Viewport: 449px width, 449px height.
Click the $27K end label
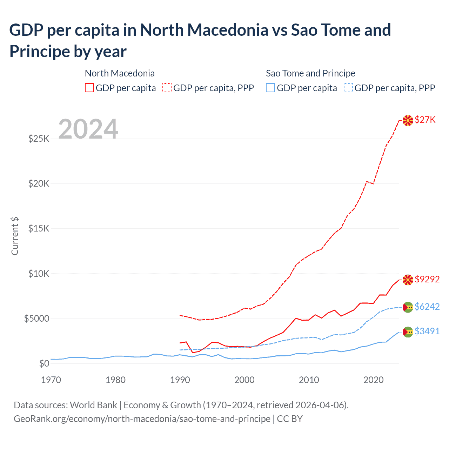tap(425, 120)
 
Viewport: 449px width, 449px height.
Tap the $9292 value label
tap(427, 279)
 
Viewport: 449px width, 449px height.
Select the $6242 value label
tap(427, 307)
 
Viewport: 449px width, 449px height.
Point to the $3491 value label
tap(427, 331)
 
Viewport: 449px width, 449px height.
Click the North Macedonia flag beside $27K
tap(408, 120)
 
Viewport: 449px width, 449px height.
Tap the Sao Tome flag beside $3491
tap(408, 332)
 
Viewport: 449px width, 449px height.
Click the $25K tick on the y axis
tap(39, 139)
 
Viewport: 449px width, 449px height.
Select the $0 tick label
tap(44, 363)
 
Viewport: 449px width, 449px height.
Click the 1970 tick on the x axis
tap(51, 380)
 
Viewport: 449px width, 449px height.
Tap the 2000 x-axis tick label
tap(244, 380)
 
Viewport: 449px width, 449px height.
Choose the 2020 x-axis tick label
tap(373, 380)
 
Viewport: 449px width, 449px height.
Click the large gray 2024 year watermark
tap(88, 129)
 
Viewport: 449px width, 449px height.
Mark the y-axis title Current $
tap(15, 236)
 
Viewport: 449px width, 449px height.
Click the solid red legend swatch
tap(89, 88)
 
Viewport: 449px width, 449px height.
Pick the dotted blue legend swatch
tap(348, 88)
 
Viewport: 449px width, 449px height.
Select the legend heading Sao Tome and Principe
tap(310, 73)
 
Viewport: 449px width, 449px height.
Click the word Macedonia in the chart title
tap(228, 30)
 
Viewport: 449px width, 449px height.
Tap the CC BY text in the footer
tap(290, 419)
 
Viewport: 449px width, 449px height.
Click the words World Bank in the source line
tap(93, 405)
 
